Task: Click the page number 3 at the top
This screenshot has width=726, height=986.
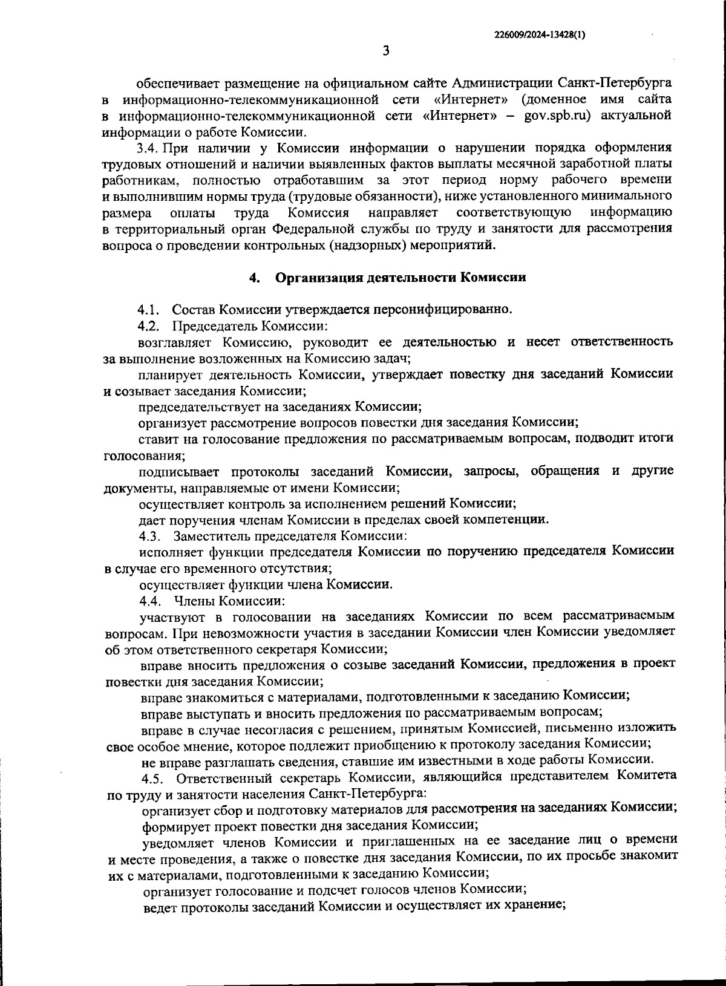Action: pos(386,51)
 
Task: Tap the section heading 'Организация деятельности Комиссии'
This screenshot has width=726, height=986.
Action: pos(401,278)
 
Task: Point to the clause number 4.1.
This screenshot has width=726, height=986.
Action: pos(148,310)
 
